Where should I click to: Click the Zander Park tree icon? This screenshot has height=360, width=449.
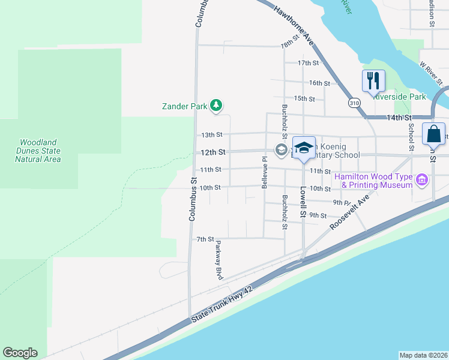click(x=216, y=106)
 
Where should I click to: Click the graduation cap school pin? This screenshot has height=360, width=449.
click(x=304, y=148)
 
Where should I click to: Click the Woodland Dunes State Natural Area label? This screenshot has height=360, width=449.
click(x=39, y=151)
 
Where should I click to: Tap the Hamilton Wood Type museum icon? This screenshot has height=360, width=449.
click(x=422, y=180)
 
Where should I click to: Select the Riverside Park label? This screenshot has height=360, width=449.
click(x=399, y=97)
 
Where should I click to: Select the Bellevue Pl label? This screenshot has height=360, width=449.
click(x=264, y=173)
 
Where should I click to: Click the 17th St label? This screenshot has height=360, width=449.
click(x=308, y=63)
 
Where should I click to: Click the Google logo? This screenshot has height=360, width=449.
click(x=20, y=353)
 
